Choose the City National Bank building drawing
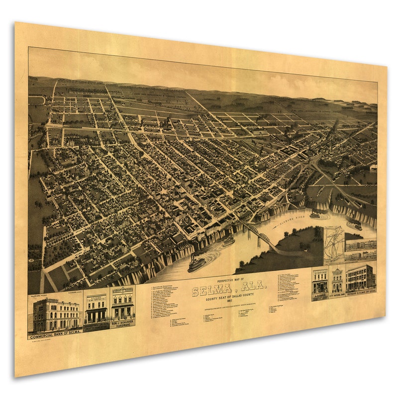click(x=337, y=281)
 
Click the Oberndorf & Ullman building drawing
click(x=361, y=278)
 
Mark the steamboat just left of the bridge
click(x=228, y=241)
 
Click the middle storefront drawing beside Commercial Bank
click(x=96, y=309)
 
